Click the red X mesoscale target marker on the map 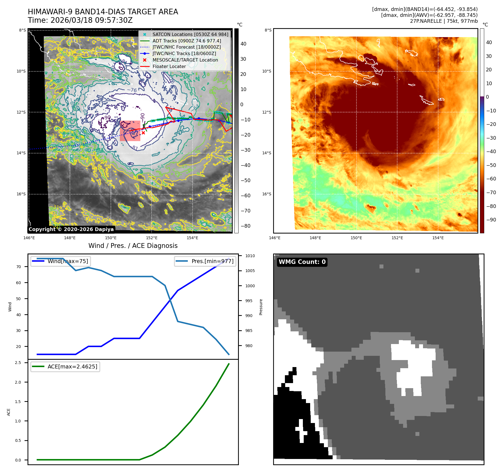pyautogui.click(x=143, y=133)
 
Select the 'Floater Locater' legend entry pyautogui.click(x=169, y=66)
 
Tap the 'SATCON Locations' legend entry pyautogui.click(x=190, y=34)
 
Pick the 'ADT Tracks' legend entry pyautogui.click(x=187, y=41)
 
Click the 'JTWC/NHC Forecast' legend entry pyautogui.click(x=186, y=47)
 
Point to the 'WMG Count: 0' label pyautogui.click(x=302, y=262)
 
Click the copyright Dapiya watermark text pyautogui.click(x=71, y=229)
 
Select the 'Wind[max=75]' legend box pyautogui.click(x=61, y=261)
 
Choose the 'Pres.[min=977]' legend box pyautogui.click(x=205, y=261)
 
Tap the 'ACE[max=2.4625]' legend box pyautogui.click(x=65, y=367)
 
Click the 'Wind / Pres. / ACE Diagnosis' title pyautogui.click(x=133, y=246)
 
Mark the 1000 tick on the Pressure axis pyautogui.click(x=250, y=286)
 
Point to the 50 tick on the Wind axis pyautogui.click(x=19, y=299)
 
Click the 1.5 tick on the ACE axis pyautogui.click(x=18, y=402)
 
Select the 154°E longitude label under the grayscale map pyautogui.click(x=193, y=238)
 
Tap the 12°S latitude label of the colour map pyautogui.click(x=267, y=112)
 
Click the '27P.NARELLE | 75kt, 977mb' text pyautogui.click(x=443, y=21)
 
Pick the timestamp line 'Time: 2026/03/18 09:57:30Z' pyautogui.click(x=80, y=20)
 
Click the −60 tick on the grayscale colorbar pyautogui.click(x=246, y=196)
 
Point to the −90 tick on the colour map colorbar pyautogui.click(x=491, y=220)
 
